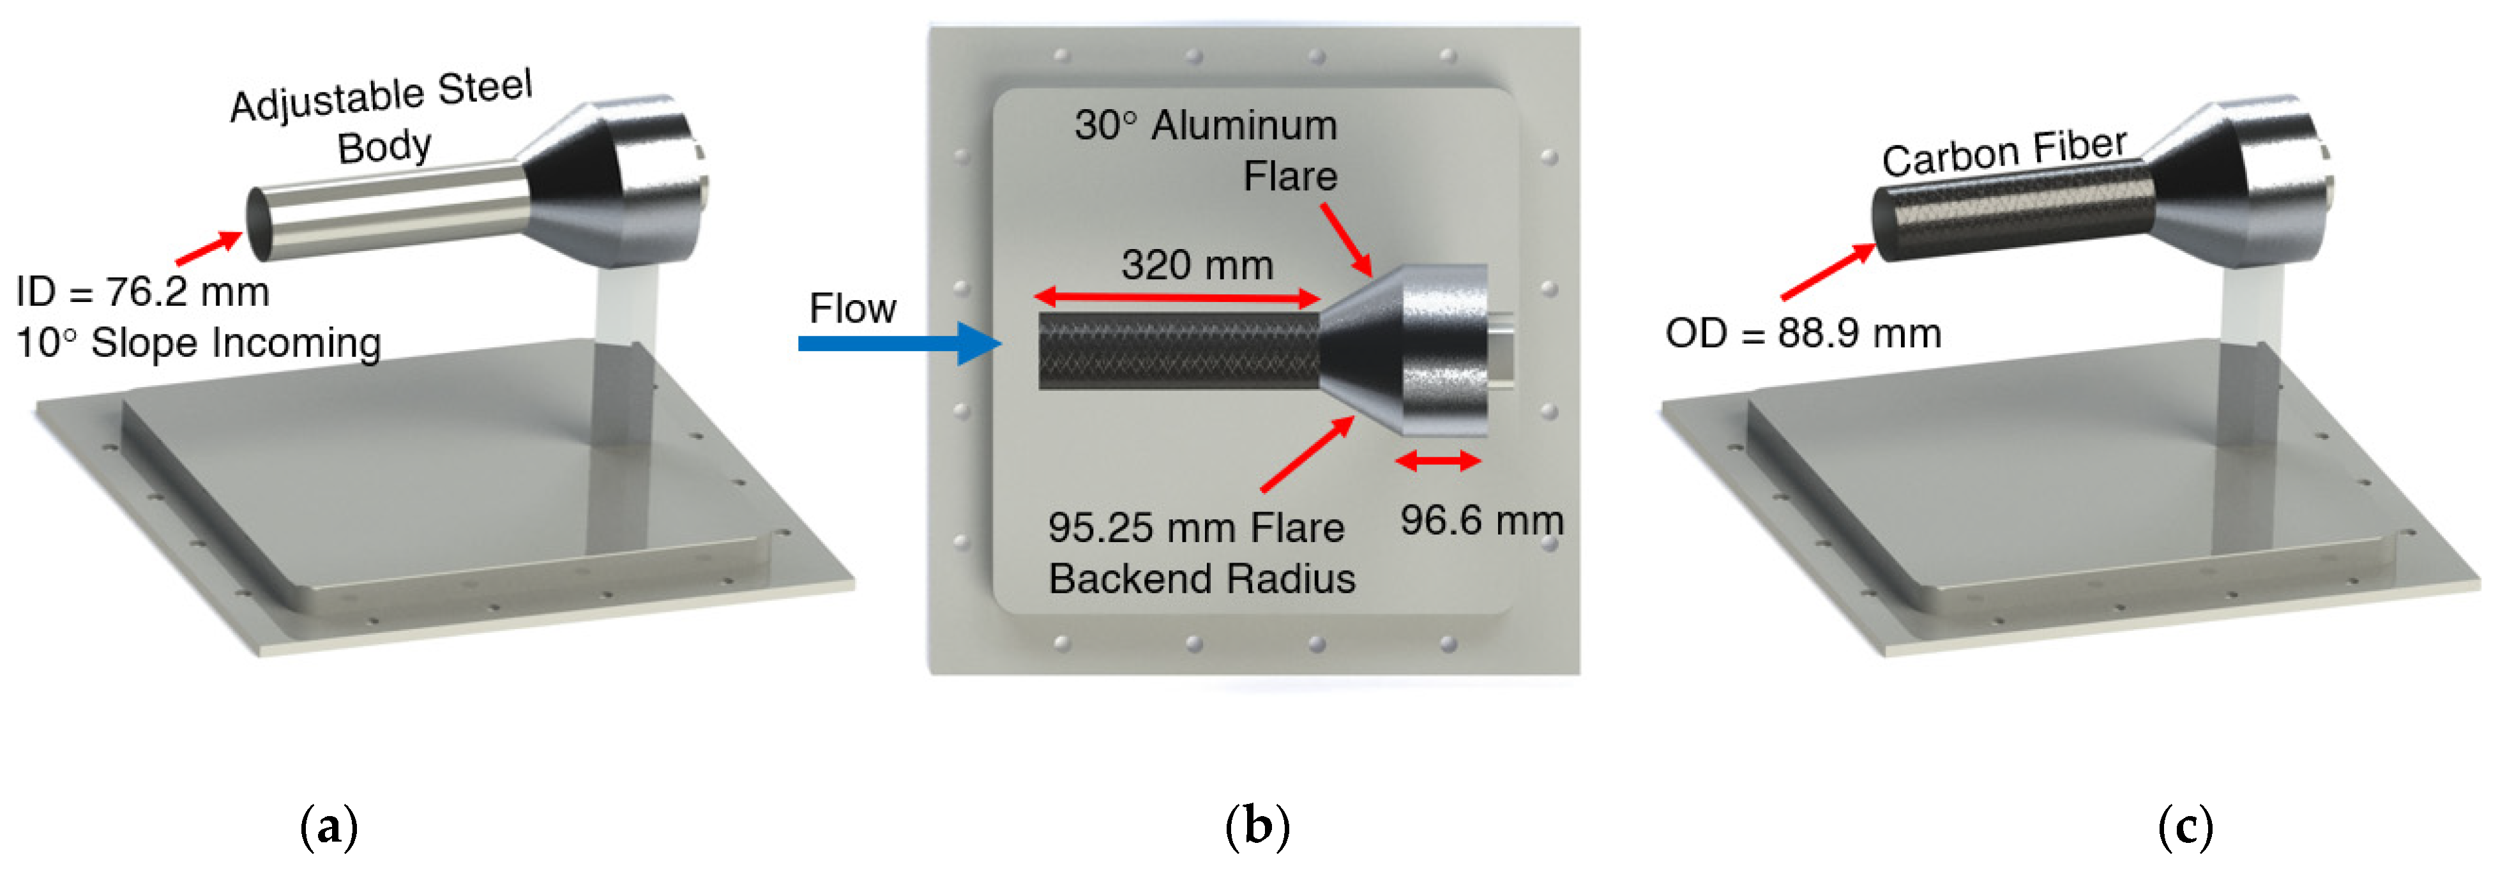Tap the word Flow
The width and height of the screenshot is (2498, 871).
coord(852,308)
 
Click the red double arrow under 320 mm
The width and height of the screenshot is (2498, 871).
coord(1176,298)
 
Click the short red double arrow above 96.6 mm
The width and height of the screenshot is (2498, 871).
coord(1437,462)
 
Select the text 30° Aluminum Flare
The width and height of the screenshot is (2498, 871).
coord(1206,150)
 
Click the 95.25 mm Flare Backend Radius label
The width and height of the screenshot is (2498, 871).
coord(1200,553)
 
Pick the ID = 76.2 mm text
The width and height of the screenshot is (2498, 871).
coord(142,292)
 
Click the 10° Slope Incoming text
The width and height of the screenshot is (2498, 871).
coord(198,342)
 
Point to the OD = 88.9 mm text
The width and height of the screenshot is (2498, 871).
coord(1803,334)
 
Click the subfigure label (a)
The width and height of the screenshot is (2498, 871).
coord(329,826)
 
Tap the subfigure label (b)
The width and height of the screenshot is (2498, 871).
coord(1257,826)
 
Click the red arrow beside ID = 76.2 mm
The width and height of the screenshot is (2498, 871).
coord(209,247)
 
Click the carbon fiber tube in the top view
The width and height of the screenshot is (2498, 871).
coord(1177,351)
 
